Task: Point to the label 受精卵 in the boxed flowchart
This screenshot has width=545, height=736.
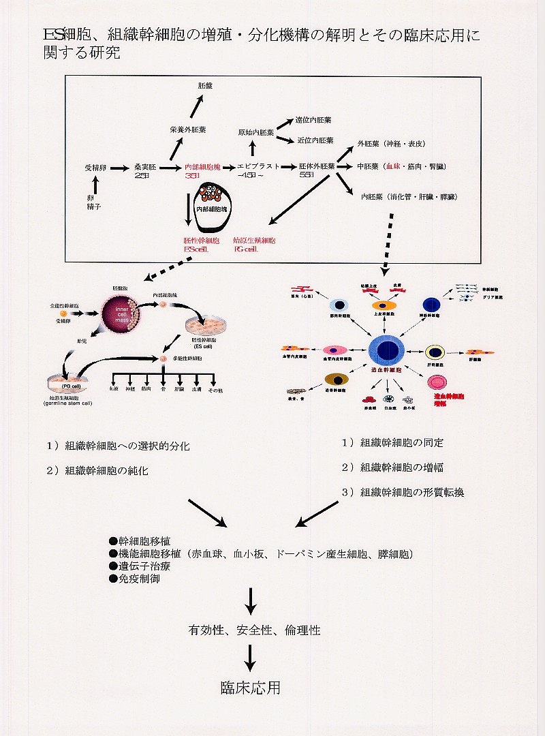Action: tap(95, 166)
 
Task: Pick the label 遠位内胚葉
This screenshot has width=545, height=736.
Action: tap(314, 119)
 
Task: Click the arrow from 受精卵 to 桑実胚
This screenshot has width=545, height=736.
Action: tap(119, 166)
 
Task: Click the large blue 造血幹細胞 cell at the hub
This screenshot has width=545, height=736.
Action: tap(386, 352)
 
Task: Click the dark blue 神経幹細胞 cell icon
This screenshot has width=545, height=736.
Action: tap(431, 305)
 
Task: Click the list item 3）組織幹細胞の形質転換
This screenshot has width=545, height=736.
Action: tap(403, 492)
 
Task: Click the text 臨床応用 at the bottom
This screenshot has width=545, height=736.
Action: tap(251, 688)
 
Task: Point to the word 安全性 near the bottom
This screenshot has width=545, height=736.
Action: tap(255, 630)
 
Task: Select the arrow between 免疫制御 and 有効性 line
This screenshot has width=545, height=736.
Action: tap(251, 600)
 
